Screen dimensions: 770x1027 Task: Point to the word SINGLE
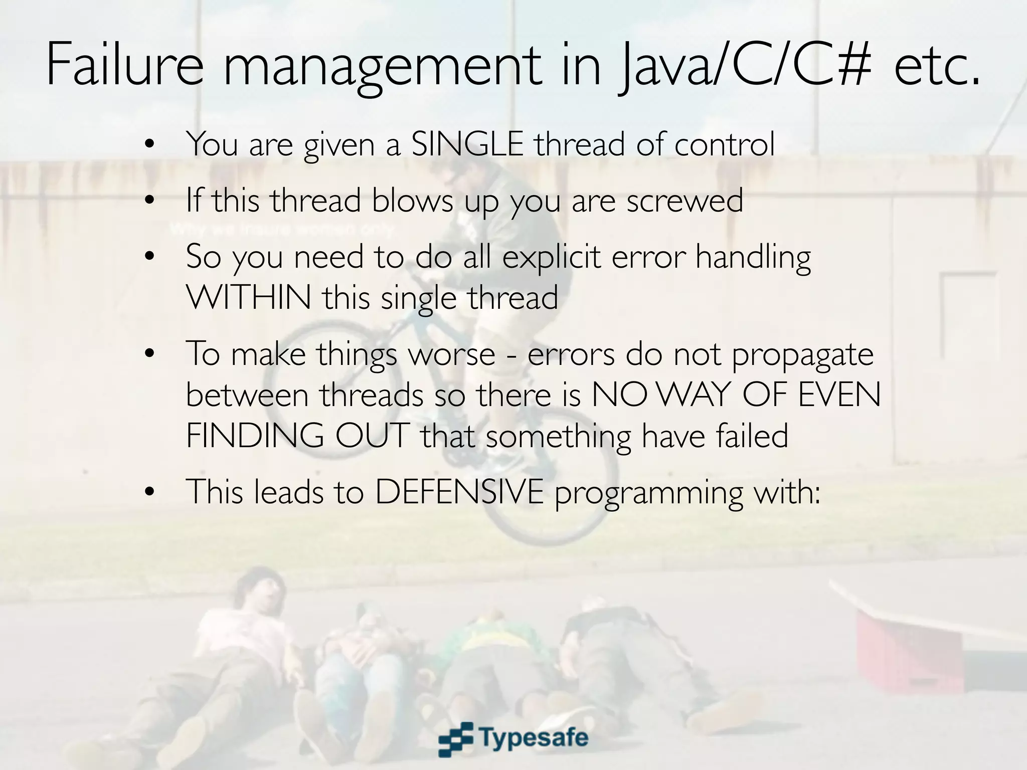pos(467,144)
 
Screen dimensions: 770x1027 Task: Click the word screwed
pos(684,201)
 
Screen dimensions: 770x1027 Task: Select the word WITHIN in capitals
pos(249,297)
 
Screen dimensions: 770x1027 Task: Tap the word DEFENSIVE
pos(459,492)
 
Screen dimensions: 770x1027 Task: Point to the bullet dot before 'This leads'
pos(148,493)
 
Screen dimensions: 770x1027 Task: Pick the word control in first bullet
pos(725,144)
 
